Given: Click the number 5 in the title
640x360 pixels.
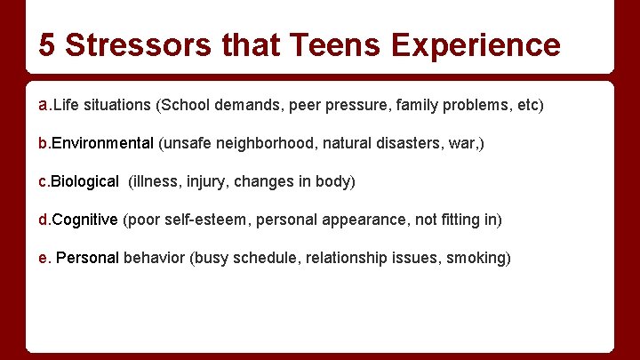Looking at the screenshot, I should coord(48,44).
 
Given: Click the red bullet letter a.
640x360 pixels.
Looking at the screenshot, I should coord(44,106).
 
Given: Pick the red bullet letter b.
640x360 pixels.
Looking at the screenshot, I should coord(44,143).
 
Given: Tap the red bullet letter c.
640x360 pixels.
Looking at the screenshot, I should coord(44,181).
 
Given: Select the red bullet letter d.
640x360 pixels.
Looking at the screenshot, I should coord(44,219).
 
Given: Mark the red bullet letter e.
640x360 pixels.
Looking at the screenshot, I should coord(44,258).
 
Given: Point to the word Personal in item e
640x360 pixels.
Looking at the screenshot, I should coord(87,258).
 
